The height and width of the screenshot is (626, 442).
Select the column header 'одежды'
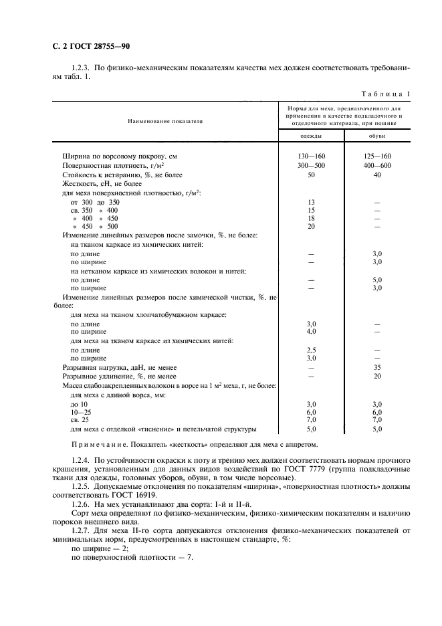(310, 136)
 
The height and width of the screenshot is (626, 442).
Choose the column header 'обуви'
(376, 136)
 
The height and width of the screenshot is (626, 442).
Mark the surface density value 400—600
(376, 165)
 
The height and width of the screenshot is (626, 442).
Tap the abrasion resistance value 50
(310, 174)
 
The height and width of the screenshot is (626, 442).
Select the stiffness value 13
(310, 201)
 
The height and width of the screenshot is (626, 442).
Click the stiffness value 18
(310, 218)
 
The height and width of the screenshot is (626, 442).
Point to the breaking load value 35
(376, 367)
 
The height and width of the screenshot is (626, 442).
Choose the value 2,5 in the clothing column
(310, 349)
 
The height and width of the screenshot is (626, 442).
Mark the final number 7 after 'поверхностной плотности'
(191, 558)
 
